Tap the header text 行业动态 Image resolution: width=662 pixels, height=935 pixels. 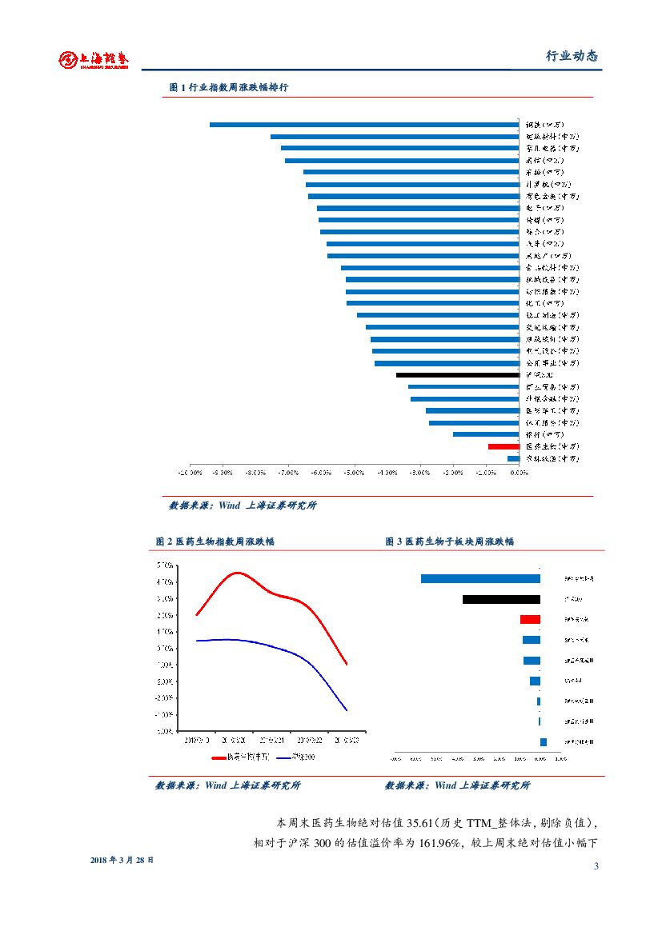572,56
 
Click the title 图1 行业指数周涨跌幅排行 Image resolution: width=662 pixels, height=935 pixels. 229,88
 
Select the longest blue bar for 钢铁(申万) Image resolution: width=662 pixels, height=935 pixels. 364,125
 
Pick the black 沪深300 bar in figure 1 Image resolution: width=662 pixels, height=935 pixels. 458,374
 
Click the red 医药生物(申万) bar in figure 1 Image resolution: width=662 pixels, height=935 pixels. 504,446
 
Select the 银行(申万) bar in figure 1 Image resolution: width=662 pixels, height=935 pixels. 486,434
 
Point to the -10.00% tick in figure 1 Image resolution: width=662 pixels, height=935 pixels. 191,473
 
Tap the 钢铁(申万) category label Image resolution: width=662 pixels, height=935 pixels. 545,125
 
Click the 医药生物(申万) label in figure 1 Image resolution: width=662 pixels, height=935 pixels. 552,446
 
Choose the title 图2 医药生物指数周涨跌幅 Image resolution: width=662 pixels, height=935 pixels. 215,541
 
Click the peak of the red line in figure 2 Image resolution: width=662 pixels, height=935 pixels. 237,573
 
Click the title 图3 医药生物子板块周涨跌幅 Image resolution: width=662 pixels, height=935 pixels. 450,541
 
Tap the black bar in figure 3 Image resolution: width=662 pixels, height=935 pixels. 501,599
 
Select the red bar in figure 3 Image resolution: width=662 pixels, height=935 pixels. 530,619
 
